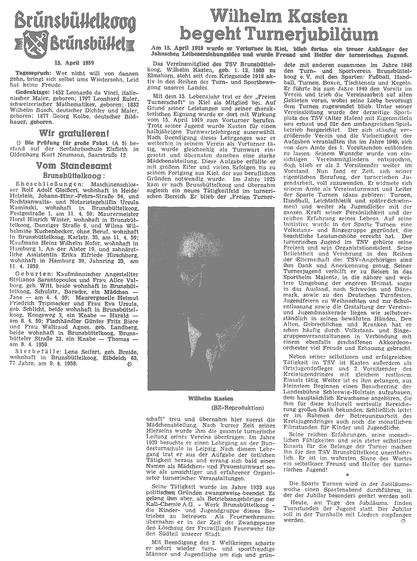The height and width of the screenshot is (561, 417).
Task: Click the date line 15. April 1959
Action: tap(74, 63)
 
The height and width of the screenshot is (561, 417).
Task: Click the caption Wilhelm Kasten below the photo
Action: tap(211, 398)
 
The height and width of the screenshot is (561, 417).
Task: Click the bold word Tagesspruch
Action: tap(25, 73)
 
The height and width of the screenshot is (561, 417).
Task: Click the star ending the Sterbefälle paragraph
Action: tap(129, 364)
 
